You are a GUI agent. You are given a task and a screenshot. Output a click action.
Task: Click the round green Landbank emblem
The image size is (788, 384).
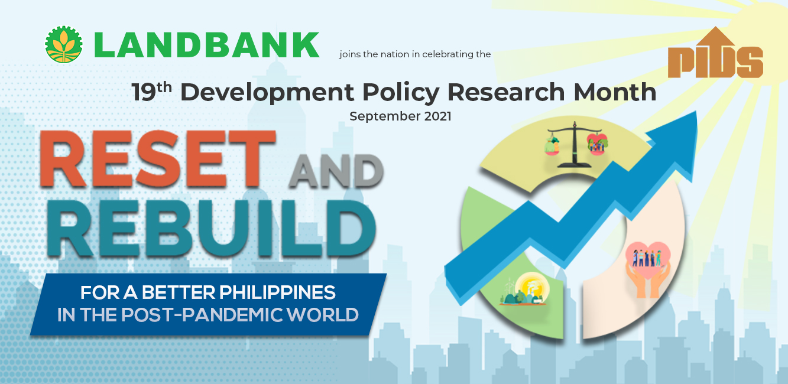click(64, 45)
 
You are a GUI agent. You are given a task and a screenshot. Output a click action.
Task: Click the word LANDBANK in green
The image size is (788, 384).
click(206, 45)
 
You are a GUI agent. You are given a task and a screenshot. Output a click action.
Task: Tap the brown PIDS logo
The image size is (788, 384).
click(715, 53)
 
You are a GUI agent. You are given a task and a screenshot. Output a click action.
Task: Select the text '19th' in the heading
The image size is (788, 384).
click(151, 92)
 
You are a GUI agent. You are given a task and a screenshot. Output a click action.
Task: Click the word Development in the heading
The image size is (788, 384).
click(267, 93)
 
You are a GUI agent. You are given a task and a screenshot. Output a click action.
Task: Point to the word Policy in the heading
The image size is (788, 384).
click(401, 93)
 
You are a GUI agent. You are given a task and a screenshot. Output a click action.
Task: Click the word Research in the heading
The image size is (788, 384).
click(506, 92)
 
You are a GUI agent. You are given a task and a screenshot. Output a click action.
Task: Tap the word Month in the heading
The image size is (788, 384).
click(615, 92)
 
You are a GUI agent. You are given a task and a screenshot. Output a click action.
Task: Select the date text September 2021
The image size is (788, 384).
click(400, 116)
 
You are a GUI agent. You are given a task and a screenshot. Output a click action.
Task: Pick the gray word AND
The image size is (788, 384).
click(336, 171)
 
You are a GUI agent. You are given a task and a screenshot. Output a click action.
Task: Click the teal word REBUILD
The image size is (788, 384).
click(211, 229)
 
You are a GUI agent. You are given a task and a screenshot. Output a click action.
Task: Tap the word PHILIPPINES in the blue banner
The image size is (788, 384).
click(278, 292)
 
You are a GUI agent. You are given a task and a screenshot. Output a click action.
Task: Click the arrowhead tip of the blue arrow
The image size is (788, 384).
click(696, 112)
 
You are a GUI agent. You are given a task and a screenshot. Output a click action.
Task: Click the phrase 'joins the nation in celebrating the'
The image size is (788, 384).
click(415, 54)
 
